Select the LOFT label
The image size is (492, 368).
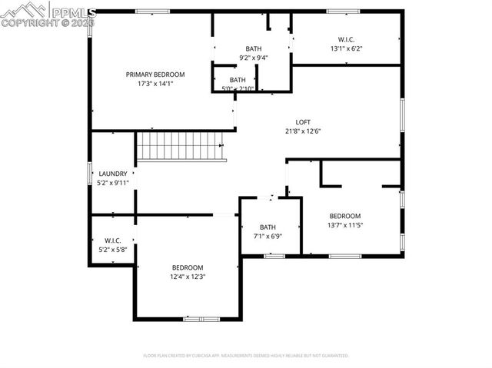(x=304, y=122)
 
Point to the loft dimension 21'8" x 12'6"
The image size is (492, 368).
(x=304, y=131)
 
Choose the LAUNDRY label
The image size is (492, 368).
(x=112, y=174)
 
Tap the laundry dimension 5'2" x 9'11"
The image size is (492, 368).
(x=112, y=183)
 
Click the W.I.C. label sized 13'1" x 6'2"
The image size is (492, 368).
(x=346, y=39)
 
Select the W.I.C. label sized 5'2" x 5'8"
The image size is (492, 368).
(x=113, y=240)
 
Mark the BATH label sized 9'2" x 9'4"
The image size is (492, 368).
(x=253, y=48)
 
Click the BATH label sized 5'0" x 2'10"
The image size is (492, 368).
(x=238, y=80)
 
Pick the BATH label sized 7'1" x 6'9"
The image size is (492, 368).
(x=268, y=227)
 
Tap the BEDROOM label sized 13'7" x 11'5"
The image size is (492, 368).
(x=344, y=216)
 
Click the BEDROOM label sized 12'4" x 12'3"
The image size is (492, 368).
(x=187, y=267)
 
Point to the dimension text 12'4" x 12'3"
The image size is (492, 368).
(x=187, y=276)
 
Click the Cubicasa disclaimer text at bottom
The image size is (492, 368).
(x=246, y=356)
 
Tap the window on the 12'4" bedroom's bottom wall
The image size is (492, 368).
(x=201, y=318)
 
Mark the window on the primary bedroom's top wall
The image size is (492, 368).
(x=152, y=11)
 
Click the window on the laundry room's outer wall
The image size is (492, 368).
(x=90, y=173)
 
